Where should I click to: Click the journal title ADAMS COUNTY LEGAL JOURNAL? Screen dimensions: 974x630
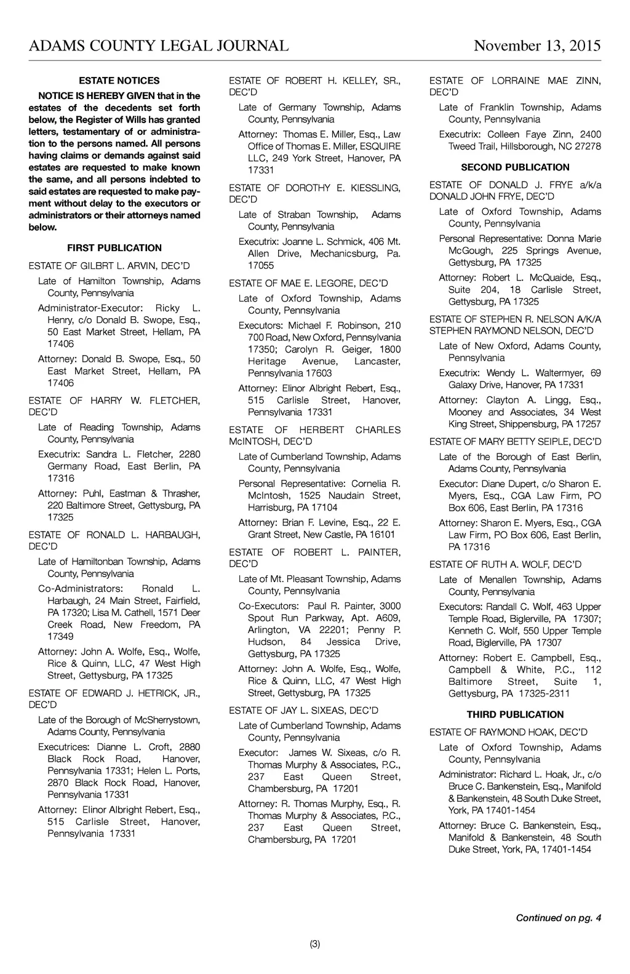coord(159,46)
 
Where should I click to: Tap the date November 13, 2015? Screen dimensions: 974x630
coord(537,46)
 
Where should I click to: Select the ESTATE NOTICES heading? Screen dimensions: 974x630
coord(119,81)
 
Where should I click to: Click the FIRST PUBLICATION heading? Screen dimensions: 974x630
coord(114,248)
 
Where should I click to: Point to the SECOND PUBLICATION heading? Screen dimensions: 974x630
coord(515,167)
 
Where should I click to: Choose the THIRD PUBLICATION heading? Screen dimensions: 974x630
coord(515,715)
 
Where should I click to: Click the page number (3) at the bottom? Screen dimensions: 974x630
coord(315,944)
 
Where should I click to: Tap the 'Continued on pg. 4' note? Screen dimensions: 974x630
coord(558,918)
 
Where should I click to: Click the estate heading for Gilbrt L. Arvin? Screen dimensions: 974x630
coord(110,266)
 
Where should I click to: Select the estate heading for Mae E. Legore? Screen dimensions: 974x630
coord(308,284)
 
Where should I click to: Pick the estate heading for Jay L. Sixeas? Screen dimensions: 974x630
coord(303,711)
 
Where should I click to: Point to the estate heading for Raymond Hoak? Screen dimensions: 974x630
coord(508,732)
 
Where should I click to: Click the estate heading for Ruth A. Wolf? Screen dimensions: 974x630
coord(505,565)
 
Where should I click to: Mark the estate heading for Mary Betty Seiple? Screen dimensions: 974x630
coord(515,442)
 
